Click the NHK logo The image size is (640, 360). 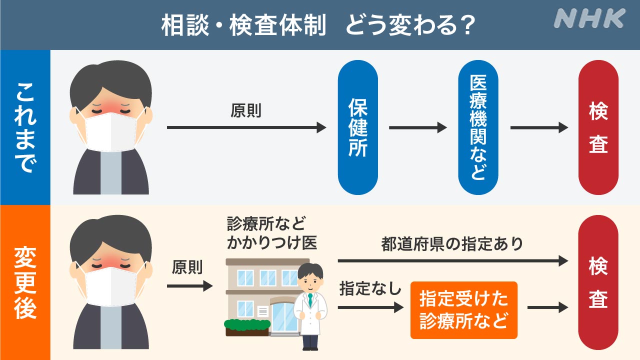tap(589, 18)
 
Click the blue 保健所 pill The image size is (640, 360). tap(357, 127)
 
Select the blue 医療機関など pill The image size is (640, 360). tap(478, 127)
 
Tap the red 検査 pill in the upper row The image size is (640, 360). tap(598, 127)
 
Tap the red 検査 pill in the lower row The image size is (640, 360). tap(598, 282)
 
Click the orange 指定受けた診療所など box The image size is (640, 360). tap(464, 310)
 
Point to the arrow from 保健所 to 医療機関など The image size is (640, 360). tap(417, 127)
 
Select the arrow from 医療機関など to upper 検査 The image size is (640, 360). tap(539, 127)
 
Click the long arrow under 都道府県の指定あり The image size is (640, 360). tap(453, 260)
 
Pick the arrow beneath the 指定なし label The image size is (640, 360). tap(370, 307)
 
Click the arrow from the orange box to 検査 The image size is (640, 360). tap(547, 307)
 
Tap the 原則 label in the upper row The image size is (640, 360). tap(246, 110)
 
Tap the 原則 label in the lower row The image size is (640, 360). tap(187, 267)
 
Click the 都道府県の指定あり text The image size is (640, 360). tap(452, 244)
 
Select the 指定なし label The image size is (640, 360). tap(370, 288)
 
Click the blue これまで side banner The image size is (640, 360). tap(25, 127)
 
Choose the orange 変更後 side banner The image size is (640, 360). tap(25, 282)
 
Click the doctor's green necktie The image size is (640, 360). tap(310, 299)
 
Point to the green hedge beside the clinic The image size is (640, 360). tap(247, 324)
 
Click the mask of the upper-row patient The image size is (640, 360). tap(111, 131)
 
